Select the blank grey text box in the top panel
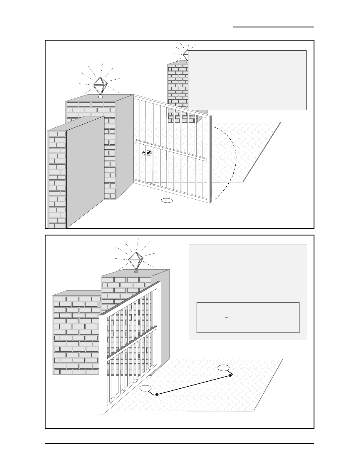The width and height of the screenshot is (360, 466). point(247,80)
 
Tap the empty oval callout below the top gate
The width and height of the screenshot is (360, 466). point(167,201)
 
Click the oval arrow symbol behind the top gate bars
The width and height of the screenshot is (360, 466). point(148,153)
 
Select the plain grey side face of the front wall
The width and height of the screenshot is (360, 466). point(85,171)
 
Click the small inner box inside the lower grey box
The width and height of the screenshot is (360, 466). point(248,317)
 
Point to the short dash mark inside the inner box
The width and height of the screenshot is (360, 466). point(226,318)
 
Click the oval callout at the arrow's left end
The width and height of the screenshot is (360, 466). point(145,388)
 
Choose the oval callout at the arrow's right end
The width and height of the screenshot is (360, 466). point(224,368)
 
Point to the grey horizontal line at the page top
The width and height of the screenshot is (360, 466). point(274,27)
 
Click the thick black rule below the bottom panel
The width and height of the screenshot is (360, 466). point(179,444)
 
